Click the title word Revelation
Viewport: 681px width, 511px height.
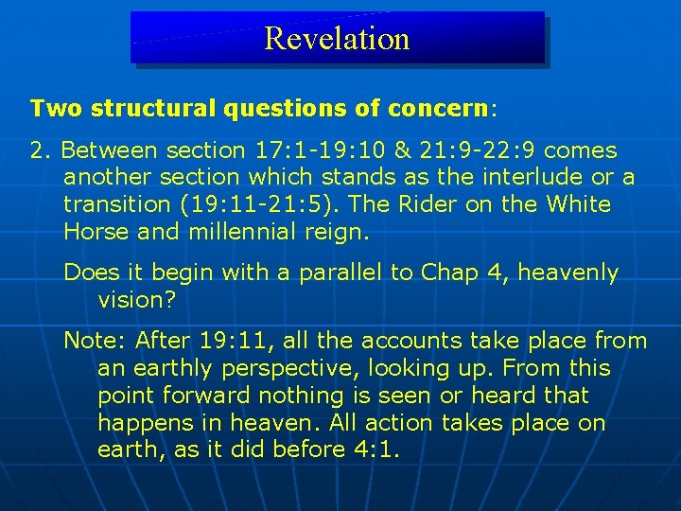[337, 39]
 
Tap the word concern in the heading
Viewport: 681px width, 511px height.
[439, 108]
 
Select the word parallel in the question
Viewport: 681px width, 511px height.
[342, 273]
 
